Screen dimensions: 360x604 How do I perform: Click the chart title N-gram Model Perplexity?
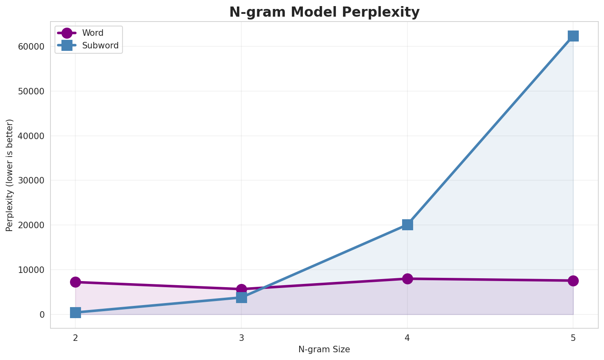pos(324,12)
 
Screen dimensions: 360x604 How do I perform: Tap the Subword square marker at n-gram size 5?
pos(573,36)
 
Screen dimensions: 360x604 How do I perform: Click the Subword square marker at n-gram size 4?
pos(407,225)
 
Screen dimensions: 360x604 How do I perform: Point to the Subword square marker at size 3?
pos(241,297)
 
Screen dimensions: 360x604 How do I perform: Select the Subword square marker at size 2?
pos(75,312)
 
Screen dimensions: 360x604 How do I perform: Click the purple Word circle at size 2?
pos(75,282)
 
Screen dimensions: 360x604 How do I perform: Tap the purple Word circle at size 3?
pos(241,289)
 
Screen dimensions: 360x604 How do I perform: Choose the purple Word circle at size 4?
pos(407,279)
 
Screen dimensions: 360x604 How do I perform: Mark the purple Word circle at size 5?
pos(573,281)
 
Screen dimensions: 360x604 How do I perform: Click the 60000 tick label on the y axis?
pos(31,47)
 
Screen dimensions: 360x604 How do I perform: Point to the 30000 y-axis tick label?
pos(31,181)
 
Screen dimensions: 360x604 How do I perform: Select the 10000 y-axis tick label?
pos(31,270)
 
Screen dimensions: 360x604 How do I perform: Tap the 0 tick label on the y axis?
pos(42,315)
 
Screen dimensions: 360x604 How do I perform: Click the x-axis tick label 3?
pos(241,338)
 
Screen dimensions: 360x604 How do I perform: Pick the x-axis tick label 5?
pos(573,338)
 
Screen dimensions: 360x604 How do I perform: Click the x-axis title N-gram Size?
pos(324,349)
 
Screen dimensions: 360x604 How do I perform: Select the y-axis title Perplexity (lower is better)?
pos(10,175)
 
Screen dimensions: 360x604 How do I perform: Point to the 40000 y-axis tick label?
pos(31,136)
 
